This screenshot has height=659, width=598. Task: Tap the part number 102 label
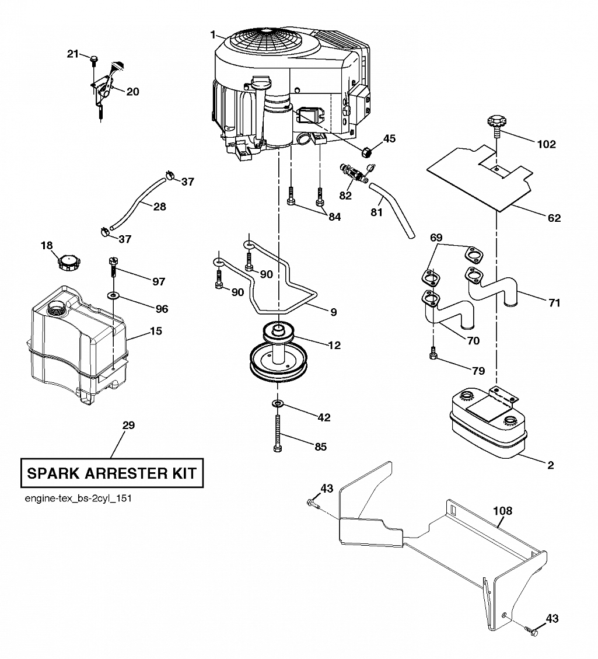click(x=546, y=144)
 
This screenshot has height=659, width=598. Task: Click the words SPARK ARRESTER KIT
click(x=111, y=473)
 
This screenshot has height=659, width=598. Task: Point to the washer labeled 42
click(x=278, y=404)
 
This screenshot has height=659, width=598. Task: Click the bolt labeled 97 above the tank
click(x=113, y=267)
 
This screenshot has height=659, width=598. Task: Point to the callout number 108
click(x=503, y=511)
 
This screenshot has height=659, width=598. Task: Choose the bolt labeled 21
click(x=94, y=60)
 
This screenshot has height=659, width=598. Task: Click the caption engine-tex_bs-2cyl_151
click(x=78, y=498)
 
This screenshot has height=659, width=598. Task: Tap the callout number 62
click(x=554, y=218)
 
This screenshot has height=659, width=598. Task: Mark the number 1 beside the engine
click(x=213, y=34)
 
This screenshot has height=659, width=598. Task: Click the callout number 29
click(x=128, y=426)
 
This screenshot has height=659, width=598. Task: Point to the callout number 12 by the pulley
click(x=334, y=345)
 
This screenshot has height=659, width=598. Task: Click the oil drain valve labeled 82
click(x=353, y=174)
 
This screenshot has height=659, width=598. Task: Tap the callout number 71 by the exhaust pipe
click(x=554, y=302)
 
